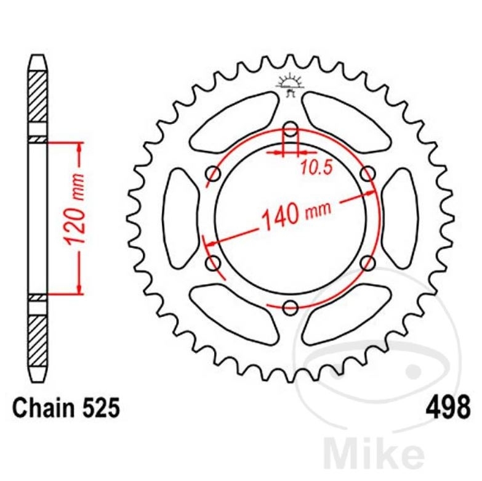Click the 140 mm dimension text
(296, 213)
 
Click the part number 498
(448, 408)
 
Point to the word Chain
(41, 408)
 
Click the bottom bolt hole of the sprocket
(290, 307)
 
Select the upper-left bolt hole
(213, 173)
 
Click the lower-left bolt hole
(213, 263)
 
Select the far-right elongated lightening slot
(400, 218)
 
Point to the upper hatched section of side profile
(38, 96)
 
